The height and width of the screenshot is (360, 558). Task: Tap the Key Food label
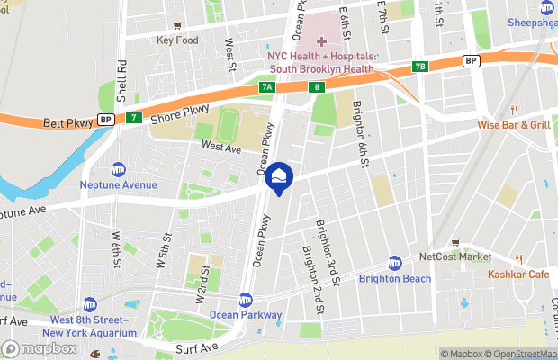176,40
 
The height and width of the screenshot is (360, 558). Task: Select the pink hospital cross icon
323,41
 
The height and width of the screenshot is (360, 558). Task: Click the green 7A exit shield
265,87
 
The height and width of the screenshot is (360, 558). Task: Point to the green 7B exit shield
419,67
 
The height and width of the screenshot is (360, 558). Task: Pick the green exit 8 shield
319,87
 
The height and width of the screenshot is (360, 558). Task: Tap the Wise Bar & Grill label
513,125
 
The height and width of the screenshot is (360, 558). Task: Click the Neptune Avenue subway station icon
119,169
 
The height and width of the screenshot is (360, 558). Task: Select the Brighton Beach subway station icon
394,263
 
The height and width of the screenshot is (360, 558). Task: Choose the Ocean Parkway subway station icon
246,300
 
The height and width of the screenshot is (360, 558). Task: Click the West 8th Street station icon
88,304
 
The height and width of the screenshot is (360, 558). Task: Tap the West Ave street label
221,145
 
